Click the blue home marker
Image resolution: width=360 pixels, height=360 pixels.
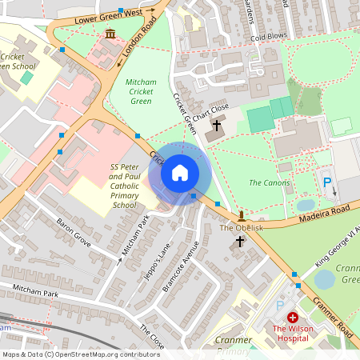[x=180, y=173]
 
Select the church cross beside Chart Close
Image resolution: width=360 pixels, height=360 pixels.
[x=216, y=126]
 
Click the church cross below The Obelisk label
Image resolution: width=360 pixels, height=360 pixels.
[x=239, y=241]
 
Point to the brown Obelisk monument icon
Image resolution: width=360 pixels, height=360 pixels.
[x=240, y=215]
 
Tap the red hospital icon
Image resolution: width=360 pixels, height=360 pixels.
[x=292, y=318]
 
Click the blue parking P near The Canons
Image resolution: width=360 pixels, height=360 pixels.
[x=326, y=183]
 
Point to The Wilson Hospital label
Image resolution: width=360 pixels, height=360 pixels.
[x=293, y=333]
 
